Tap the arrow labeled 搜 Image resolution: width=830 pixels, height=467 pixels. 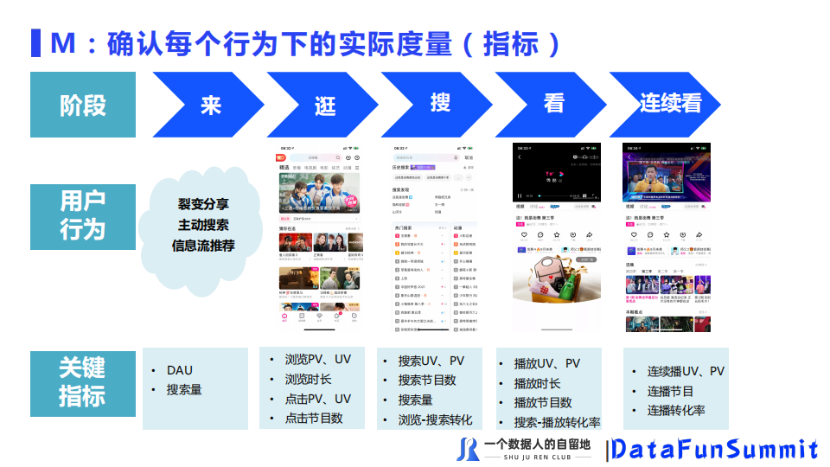click(x=440, y=104)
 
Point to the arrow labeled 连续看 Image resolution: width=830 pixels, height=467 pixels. click(x=668, y=105)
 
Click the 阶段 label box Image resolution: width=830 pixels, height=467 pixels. click(x=83, y=105)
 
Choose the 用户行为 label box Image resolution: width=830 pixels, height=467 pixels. click(x=83, y=216)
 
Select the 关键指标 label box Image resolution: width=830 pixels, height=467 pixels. click(x=83, y=382)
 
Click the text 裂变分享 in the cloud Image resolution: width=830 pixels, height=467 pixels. click(x=203, y=205)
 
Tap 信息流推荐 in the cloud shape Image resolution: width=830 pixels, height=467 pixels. click(x=203, y=245)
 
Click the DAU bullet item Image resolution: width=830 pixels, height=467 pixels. click(x=180, y=370)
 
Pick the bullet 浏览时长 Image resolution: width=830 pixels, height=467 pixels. click(x=308, y=379)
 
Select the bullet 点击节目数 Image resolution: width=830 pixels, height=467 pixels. click(x=314, y=418)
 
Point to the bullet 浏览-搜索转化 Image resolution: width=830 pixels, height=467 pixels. click(x=435, y=420)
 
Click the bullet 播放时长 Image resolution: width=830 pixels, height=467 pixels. click(x=537, y=383)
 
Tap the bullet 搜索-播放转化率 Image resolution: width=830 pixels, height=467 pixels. click(x=557, y=422)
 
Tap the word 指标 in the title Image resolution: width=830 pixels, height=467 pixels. click(x=511, y=43)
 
